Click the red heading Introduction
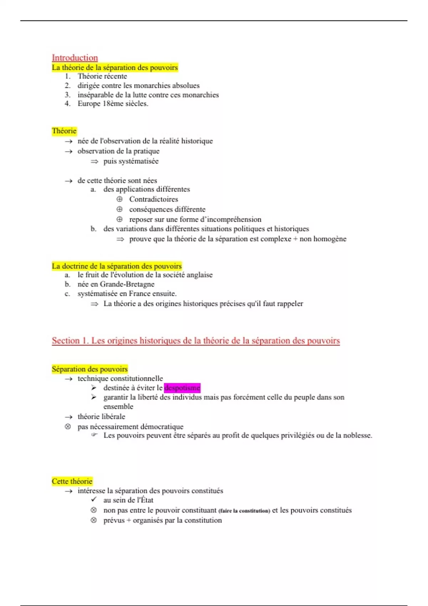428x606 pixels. tap(75, 58)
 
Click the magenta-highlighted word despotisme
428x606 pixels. tap(182, 388)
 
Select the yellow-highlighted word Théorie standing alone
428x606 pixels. tap(64, 131)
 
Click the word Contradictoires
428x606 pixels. tap(153, 199)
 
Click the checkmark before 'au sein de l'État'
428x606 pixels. tap(94, 500)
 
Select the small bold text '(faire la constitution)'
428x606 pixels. tap(244, 511)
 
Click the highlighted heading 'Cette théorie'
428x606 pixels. tap(72, 481)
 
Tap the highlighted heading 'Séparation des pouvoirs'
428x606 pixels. tap(90, 369)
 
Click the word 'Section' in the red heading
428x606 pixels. tap(66, 341)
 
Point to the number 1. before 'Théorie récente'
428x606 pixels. tap(68, 76)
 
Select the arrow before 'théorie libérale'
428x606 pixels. tap(68, 417)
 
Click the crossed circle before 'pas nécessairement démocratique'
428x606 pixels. tap(68, 427)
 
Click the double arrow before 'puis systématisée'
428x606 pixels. tap(94, 161)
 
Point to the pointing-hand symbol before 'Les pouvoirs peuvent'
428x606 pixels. tap(94, 435)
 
